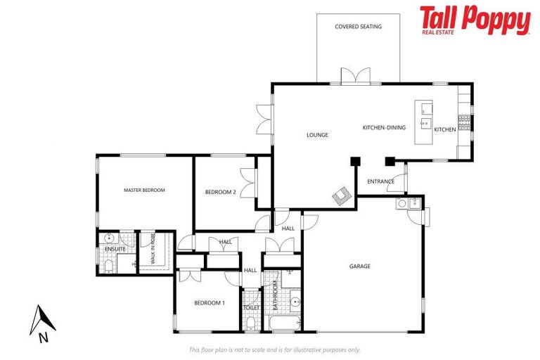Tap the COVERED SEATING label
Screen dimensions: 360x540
point(358,27)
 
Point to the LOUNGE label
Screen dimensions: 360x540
point(318,134)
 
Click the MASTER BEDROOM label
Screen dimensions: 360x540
point(144,190)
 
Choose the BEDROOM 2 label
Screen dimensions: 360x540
point(220,192)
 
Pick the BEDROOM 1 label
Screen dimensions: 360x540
point(210,302)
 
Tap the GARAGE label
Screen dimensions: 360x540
point(360,266)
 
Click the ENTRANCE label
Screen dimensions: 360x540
point(380,181)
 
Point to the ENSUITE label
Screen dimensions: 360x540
point(115,249)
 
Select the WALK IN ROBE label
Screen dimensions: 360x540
point(152,250)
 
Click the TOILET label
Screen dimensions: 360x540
point(251,307)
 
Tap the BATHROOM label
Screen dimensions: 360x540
point(275,296)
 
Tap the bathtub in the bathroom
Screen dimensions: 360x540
point(284,323)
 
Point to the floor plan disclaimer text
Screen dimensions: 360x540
point(274,349)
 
